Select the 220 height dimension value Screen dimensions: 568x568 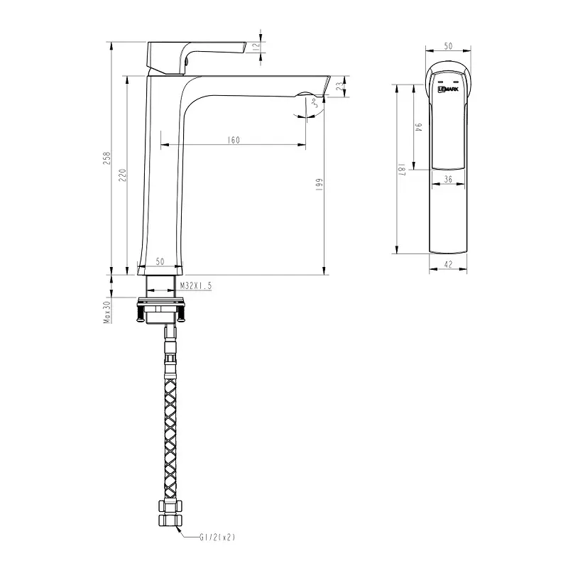[x=121, y=174]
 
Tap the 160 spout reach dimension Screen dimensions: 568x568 [x=233, y=141]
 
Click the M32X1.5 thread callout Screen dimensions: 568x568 [x=196, y=285]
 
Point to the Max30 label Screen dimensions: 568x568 [x=107, y=310]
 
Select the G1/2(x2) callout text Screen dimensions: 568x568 [x=217, y=537]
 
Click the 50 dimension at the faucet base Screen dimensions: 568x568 [x=159, y=262]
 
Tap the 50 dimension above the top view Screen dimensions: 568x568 [x=448, y=45]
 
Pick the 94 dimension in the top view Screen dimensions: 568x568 [x=420, y=128]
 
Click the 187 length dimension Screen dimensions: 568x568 [x=402, y=169]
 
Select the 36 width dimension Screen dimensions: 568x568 [x=448, y=180]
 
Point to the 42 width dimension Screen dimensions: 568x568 [x=448, y=264]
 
